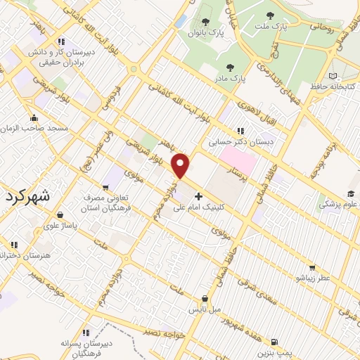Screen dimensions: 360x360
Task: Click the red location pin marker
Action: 181,165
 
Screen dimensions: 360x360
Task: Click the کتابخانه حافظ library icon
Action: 333,76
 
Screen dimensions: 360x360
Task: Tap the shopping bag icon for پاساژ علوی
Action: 60,215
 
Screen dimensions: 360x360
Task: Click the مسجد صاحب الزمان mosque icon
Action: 33,117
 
